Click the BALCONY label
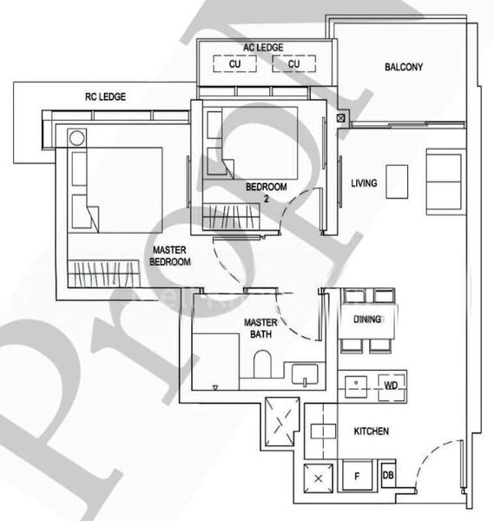403,66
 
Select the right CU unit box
293,64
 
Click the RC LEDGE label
105,97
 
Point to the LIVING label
364,183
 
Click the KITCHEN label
371,431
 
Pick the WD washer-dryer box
391,383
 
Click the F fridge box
357,476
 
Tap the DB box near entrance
388,476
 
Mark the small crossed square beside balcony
339,118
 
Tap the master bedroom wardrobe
105,274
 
